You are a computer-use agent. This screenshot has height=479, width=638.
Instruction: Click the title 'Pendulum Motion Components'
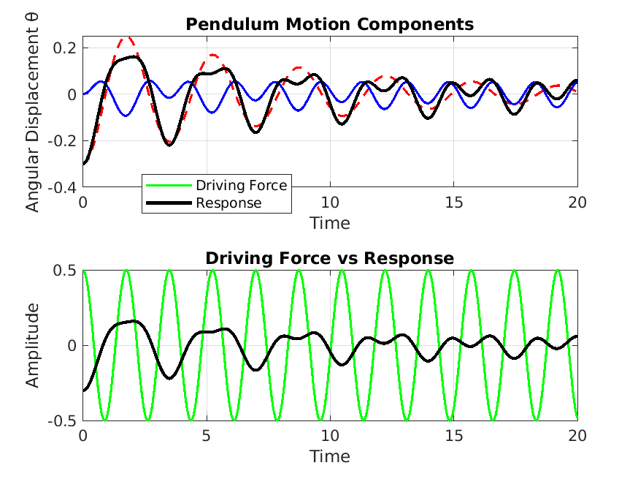click(329, 24)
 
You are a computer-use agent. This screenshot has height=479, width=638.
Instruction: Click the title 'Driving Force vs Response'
click(329, 258)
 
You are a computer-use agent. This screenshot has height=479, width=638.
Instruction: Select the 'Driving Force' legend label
click(241, 185)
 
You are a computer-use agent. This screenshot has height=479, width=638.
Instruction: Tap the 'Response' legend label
click(228, 203)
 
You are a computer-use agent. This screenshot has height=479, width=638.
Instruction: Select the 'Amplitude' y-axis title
click(33, 345)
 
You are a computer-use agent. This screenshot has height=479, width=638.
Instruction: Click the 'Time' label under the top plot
click(329, 223)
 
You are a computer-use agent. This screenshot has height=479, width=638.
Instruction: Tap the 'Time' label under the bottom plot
click(329, 457)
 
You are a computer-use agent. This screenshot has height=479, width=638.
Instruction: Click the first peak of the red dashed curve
click(127, 37)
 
